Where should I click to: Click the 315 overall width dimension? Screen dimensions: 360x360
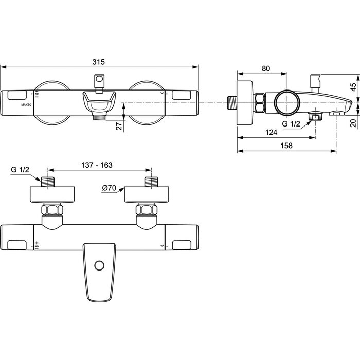click(x=99, y=62)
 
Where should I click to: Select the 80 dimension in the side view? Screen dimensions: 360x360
click(x=265, y=68)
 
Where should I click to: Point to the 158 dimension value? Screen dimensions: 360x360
click(x=286, y=146)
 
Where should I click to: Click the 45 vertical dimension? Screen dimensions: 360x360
click(x=353, y=86)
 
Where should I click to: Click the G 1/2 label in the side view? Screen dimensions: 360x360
click(x=292, y=124)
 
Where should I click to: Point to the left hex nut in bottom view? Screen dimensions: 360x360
click(x=52, y=212)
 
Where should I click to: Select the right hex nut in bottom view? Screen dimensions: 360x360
click(x=146, y=212)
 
